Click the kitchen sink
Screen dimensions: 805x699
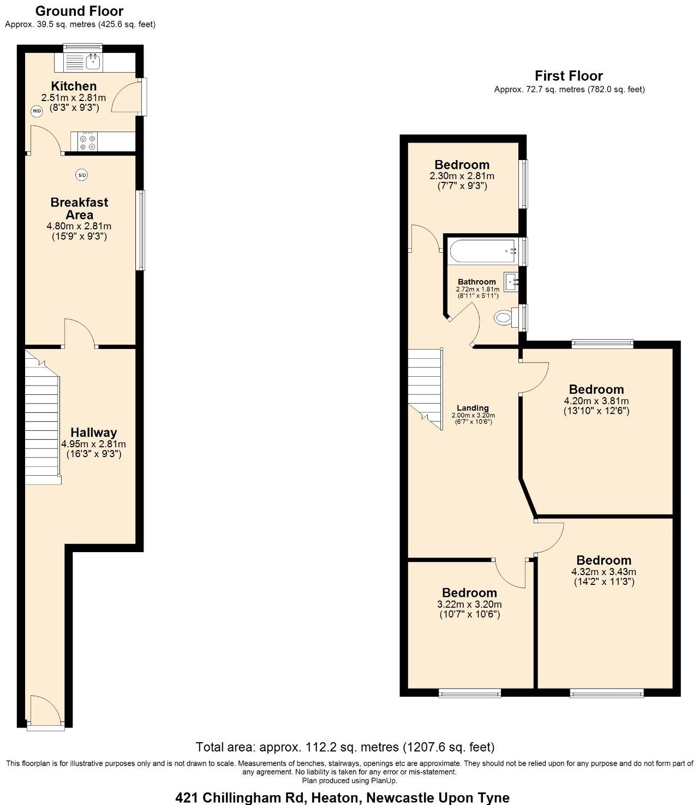click(x=93, y=62)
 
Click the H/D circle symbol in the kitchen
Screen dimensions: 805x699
click(x=37, y=111)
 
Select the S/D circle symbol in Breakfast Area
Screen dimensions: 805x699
click(x=81, y=175)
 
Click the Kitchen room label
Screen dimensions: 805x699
click(x=74, y=86)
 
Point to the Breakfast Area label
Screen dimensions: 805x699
click(x=79, y=209)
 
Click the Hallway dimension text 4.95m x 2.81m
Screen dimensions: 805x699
click(x=93, y=444)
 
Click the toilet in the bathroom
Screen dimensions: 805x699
click(x=504, y=318)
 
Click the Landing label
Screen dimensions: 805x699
click(x=473, y=408)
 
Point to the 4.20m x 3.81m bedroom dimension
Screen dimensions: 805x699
click(x=596, y=400)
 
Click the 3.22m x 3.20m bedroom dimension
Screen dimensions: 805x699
click(x=469, y=604)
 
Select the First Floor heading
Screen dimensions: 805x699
click(x=569, y=76)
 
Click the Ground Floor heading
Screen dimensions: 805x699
click(x=79, y=11)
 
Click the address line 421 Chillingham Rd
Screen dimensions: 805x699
click(x=342, y=797)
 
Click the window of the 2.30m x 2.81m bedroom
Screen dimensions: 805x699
click(x=523, y=184)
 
